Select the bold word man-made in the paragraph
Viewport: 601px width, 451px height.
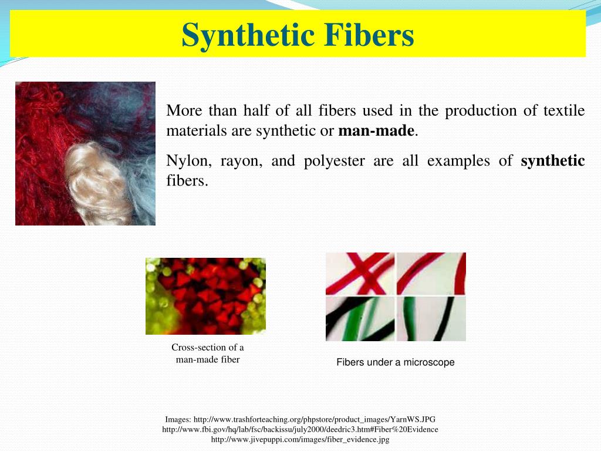[x=377, y=131]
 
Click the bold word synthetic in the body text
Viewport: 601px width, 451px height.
[x=553, y=161]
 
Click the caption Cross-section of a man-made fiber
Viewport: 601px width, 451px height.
[x=208, y=354]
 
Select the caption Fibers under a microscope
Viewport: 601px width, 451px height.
[x=396, y=362]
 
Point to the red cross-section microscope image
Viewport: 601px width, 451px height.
[x=205, y=296]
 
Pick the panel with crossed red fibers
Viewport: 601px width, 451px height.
[x=360, y=273]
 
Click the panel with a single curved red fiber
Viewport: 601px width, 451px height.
[x=431, y=273]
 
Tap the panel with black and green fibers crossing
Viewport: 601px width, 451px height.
[x=360, y=318]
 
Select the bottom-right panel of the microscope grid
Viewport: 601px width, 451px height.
[x=431, y=318]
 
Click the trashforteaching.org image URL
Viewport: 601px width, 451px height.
[x=315, y=419]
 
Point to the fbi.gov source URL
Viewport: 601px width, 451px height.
[x=300, y=429]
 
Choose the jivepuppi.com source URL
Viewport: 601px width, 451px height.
[x=300, y=439]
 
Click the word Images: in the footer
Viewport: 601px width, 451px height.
[x=178, y=419]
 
